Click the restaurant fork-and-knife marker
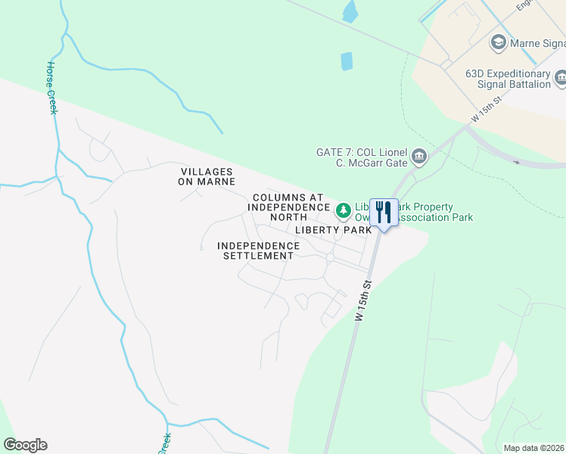pyautogui.click(x=384, y=212)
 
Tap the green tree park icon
pyautogui.click(x=343, y=209)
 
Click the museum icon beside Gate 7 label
pyautogui.click(x=418, y=157)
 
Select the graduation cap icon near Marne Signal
pyautogui.click(x=499, y=41)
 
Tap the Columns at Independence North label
pyautogui.click(x=291, y=207)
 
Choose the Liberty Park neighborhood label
pyautogui.click(x=333, y=229)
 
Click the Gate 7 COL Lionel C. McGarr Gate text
pyautogui.click(x=362, y=157)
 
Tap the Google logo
pyautogui.click(x=25, y=445)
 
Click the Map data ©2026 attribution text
pyautogui.click(x=533, y=448)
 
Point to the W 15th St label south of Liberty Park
pyautogui.click(x=363, y=301)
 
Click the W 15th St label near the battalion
pyautogui.click(x=487, y=110)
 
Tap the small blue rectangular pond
pyautogui.click(x=347, y=61)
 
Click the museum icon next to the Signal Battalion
pyautogui.click(x=561, y=77)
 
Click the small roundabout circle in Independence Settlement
pyautogui.click(x=330, y=258)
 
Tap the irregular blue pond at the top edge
pyautogui.click(x=350, y=11)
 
